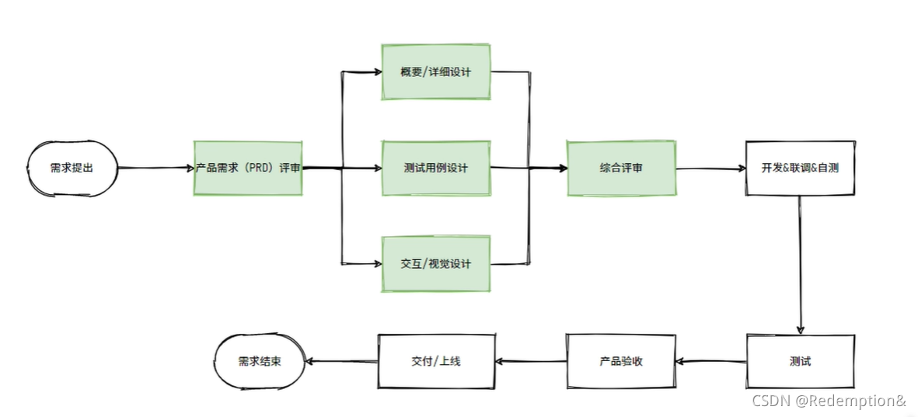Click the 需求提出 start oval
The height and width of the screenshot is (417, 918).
72,168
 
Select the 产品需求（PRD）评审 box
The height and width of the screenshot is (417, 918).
248,168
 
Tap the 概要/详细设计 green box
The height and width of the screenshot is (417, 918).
436,72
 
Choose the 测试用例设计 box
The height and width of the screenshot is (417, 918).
436,168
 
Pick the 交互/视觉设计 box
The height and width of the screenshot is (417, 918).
436,263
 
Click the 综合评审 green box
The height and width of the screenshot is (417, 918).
621,168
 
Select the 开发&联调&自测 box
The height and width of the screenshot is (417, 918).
800,168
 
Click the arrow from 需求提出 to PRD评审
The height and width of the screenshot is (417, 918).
155,168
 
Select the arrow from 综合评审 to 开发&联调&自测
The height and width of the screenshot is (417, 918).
710,169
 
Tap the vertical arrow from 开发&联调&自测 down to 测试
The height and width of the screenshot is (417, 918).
800,264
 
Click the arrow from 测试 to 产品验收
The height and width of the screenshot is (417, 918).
710,362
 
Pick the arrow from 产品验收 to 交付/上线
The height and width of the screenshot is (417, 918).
530,362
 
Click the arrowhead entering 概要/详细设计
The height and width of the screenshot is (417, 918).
375,73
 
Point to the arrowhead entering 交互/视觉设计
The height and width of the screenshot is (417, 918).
375,263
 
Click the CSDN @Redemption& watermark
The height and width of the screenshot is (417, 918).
829,401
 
